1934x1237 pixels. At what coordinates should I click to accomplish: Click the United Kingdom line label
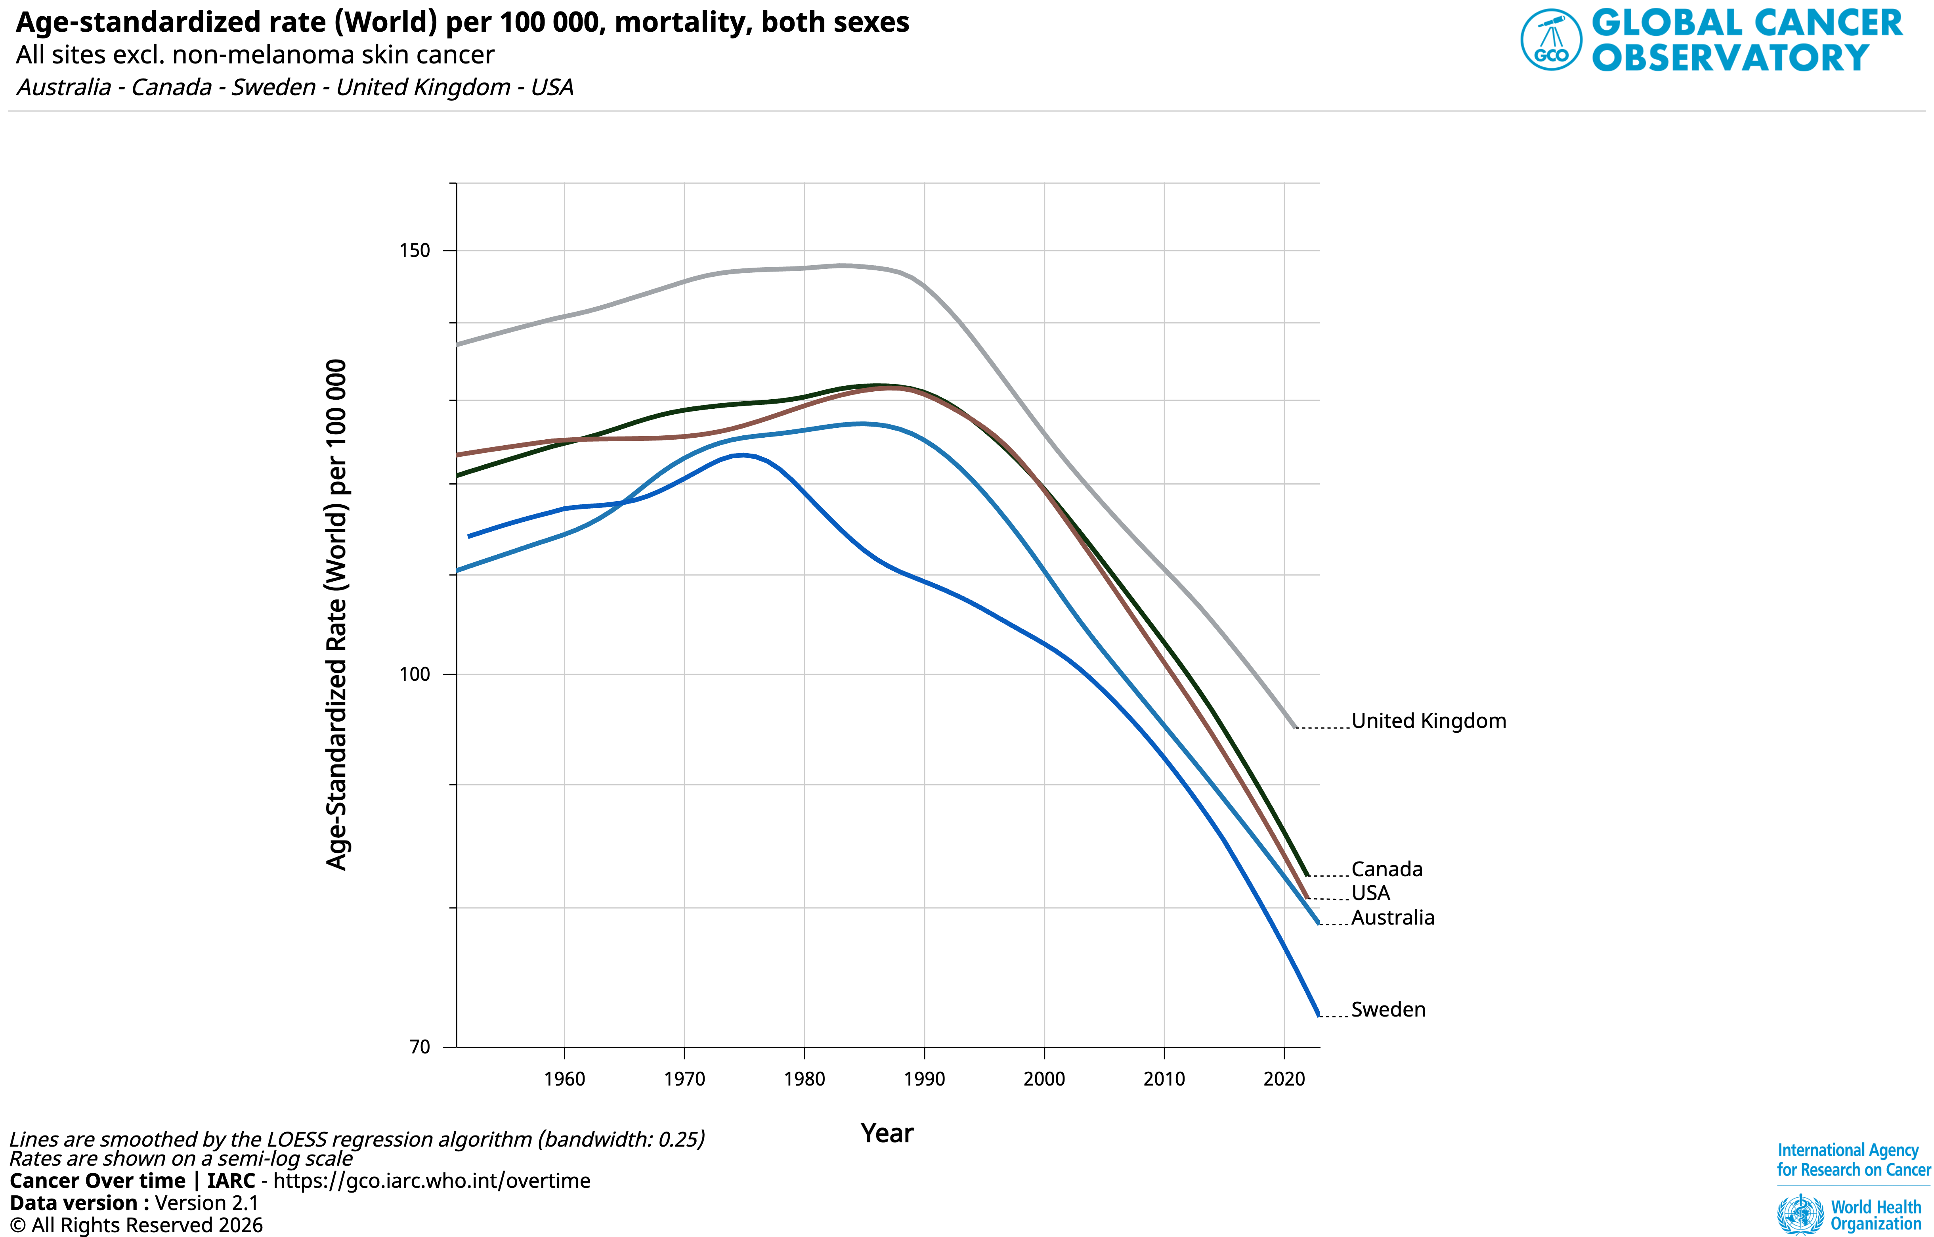click(1428, 721)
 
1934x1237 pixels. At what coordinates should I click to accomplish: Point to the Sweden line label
click(1388, 1010)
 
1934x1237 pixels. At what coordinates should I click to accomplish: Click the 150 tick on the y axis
click(415, 251)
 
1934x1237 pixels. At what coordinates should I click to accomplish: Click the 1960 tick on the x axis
click(565, 1079)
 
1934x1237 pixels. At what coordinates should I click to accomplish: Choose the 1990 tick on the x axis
click(925, 1079)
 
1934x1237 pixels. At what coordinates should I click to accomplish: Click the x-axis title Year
click(887, 1134)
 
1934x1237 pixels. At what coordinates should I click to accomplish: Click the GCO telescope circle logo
click(1551, 39)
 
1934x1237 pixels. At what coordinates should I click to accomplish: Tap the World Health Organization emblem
click(1800, 1214)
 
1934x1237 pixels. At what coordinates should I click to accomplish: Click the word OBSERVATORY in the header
click(1731, 58)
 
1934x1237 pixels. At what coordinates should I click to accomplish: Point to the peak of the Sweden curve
click(745, 456)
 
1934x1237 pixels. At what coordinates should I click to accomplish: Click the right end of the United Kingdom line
click(1295, 727)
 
